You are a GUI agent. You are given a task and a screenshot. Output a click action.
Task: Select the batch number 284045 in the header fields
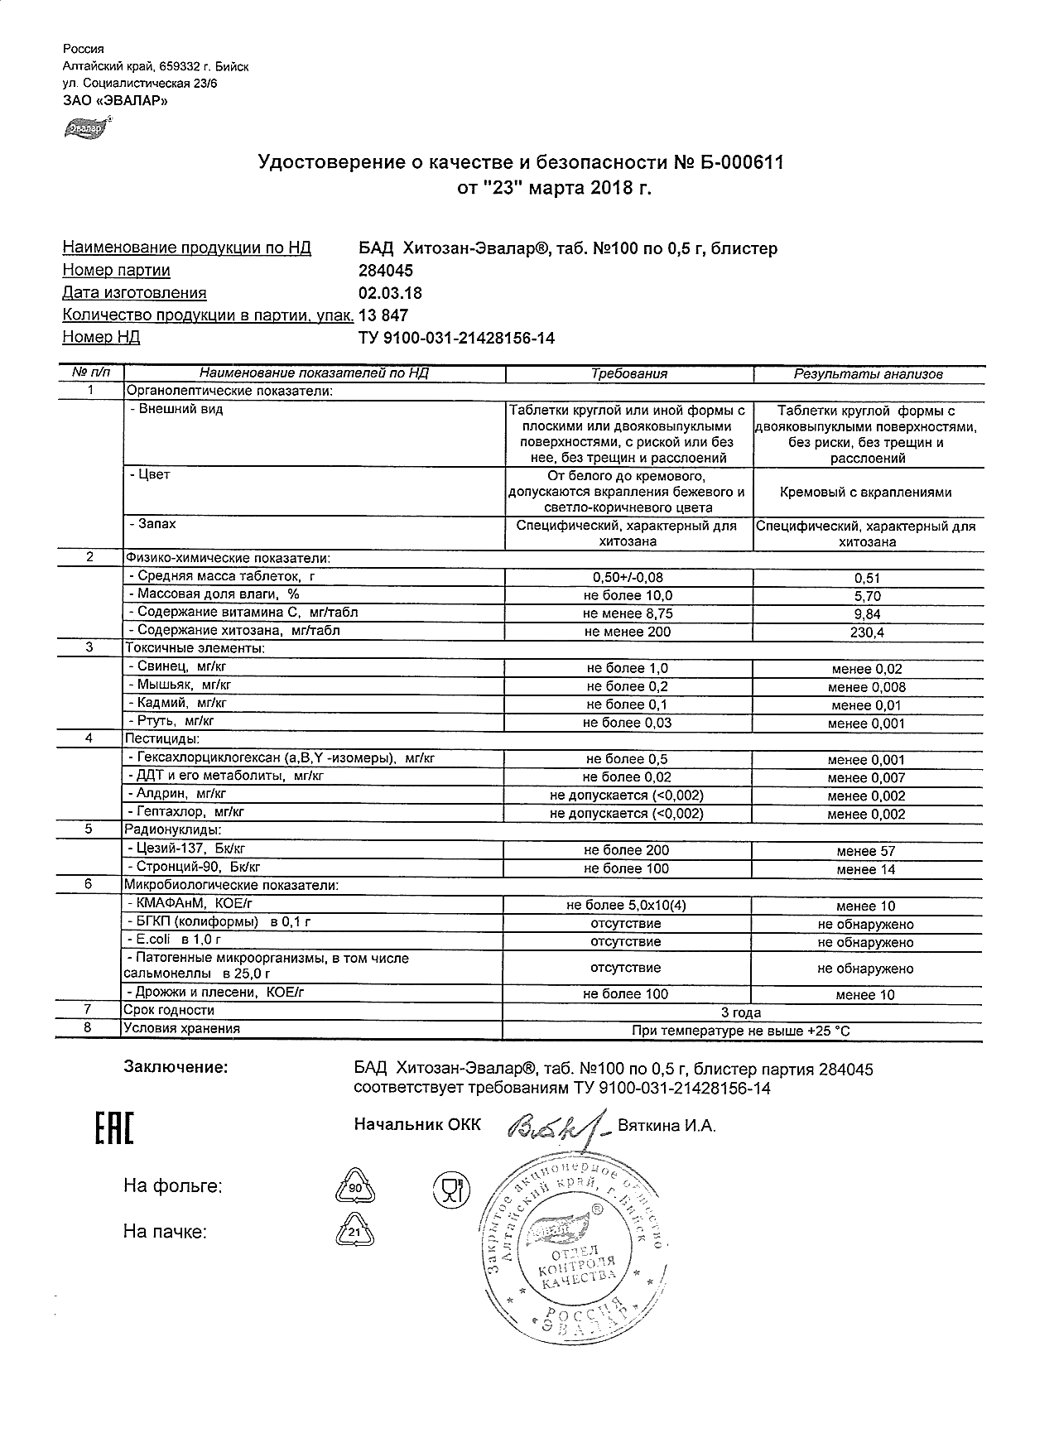[385, 271]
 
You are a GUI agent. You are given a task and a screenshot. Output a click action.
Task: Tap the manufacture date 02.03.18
[390, 293]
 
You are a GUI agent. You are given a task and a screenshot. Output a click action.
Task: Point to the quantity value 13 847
[383, 315]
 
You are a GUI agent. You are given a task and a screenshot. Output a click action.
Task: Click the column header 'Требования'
[628, 374]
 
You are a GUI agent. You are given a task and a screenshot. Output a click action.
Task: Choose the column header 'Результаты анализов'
[868, 374]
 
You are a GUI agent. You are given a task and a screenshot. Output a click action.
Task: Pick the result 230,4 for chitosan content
[867, 632]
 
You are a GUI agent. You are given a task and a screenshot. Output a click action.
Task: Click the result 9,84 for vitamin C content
[867, 614]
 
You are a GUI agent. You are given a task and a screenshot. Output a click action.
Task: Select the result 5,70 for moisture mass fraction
[867, 596]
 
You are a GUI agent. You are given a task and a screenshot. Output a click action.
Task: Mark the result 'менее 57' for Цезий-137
[865, 851]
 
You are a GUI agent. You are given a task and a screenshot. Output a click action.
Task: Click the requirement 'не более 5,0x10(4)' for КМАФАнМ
[626, 906]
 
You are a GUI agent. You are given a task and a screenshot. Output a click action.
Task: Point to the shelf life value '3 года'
[742, 1012]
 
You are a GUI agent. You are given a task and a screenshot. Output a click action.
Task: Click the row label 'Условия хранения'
[181, 1029]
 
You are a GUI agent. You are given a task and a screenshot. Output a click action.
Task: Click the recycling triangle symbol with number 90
[354, 1188]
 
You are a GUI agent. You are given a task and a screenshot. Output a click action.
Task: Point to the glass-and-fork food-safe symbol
[451, 1190]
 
